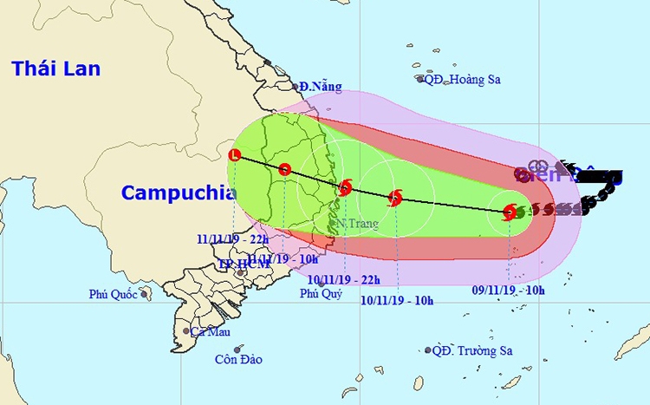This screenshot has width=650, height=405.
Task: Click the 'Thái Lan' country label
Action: [x=56, y=69]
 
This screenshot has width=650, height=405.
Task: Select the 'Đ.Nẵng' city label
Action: [x=321, y=87]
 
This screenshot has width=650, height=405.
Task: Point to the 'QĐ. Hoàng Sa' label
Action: [x=464, y=79]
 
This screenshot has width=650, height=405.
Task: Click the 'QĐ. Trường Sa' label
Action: [x=473, y=350]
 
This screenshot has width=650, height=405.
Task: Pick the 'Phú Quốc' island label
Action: [x=113, y=295]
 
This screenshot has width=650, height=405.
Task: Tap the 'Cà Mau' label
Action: [x=211, y=331]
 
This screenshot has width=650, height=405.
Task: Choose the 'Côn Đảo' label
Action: [x=238, y=359]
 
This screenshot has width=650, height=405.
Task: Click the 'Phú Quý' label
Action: [x=321, y=293]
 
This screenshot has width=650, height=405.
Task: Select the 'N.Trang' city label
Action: [x=353, y=224]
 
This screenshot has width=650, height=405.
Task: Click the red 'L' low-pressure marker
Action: [x=234, y=155]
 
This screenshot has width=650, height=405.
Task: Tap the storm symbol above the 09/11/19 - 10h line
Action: [x=510, y=211]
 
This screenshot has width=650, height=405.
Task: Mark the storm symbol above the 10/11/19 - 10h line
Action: [x=395, y=198]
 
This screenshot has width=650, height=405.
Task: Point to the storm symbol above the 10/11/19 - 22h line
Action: [x=345, y=186]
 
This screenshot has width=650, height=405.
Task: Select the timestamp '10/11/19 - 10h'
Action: [x=397, y=299]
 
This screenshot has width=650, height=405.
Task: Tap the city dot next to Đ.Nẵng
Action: [x=296, y=86]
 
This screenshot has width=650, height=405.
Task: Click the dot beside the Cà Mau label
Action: [x=185, y=331]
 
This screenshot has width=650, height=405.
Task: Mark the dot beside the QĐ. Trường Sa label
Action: [x=427, y=350]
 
